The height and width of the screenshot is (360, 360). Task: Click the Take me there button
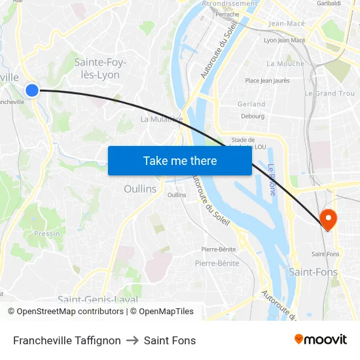tap(179, 160)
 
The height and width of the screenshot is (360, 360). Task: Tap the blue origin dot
tap(32, 90)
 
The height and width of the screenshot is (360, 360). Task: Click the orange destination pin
tap(327, 219)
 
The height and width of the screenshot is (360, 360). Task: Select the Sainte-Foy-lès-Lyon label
tap(100, 68)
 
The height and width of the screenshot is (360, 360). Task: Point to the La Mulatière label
tap(160, 119)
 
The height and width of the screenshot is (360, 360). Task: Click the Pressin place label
tap(47, 233)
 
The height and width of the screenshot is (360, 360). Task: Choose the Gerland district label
tap(252, 104)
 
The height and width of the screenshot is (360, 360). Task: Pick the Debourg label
tap(253, 117)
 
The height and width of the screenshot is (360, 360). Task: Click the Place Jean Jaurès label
tap(267, 81)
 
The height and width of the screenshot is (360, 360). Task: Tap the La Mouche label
tap(285, 63)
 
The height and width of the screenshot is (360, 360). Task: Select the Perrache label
tap(227, 14)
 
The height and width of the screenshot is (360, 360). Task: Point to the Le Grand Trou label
tap(330, 94)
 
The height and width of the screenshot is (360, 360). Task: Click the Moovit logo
tap(320, 340)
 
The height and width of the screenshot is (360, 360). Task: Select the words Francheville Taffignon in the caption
tap(67, 340)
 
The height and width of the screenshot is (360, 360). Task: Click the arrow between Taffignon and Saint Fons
tap(132, 340)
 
